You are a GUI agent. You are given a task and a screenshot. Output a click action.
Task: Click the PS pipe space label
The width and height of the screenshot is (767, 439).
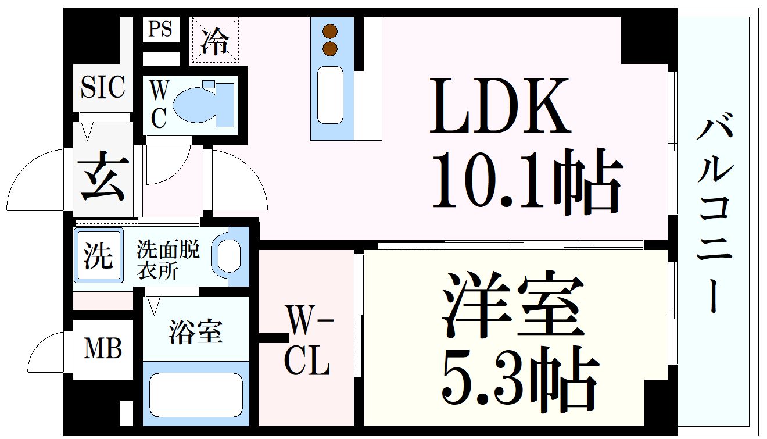[160, 29]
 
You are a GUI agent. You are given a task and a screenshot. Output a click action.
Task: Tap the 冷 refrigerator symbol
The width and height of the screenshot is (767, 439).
[215, 40]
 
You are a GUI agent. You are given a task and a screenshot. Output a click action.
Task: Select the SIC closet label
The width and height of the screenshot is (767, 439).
[102, 88]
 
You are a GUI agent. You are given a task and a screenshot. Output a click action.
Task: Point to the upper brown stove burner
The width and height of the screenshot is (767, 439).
[330, 32]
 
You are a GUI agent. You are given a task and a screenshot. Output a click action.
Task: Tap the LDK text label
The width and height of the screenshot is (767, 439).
[500, 106]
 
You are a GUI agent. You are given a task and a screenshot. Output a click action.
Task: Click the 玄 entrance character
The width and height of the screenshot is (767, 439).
[103, 176]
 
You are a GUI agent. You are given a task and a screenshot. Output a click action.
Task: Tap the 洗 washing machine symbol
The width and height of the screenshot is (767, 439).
[98, 256]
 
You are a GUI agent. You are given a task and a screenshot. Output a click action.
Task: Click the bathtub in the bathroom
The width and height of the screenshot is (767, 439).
[196, 394]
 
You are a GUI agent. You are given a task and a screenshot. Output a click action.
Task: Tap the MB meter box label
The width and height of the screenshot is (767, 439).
[103, 349]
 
